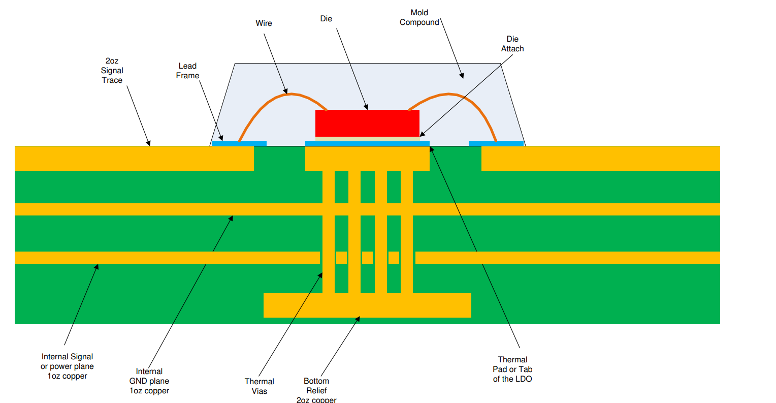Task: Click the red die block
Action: [367, 123]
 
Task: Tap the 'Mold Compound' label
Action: [419, 17]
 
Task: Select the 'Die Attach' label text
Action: [512, 44]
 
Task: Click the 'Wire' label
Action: [264, 23]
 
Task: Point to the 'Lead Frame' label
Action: [187, 71]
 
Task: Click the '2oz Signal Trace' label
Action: [112, 71]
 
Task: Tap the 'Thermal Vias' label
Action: [259, 386]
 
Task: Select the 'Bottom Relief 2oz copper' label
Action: [316, 390]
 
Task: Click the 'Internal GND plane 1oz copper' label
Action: [149, 381]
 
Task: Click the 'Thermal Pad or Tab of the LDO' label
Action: [512, 369]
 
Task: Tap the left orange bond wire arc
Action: [269, 104]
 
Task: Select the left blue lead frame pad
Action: [239, 143]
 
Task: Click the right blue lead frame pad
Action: [496, 143]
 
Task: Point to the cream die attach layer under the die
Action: [367, 139]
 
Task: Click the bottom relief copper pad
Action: [367, 305]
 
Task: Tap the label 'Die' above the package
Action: [326, 19]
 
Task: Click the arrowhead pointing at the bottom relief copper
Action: [358, 319]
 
